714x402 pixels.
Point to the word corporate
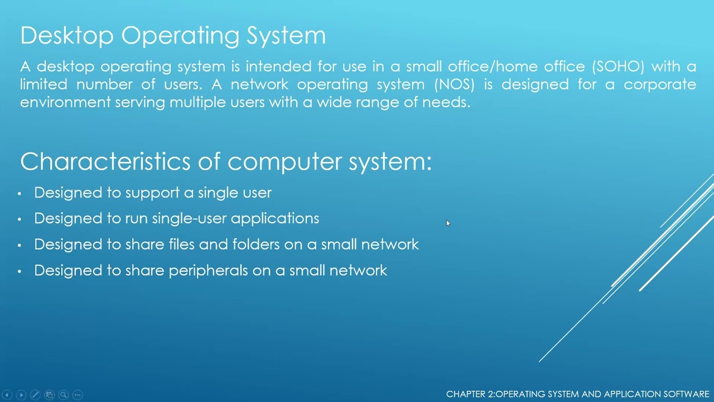[x=659, y=85]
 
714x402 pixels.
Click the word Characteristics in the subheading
[x=105, y=162]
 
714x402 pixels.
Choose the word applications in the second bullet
[x=275, y=219]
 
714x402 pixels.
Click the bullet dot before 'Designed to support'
[x=20, y=194]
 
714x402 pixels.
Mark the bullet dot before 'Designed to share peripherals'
[x=20, y=271]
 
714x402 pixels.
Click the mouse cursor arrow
[x=448, y=223]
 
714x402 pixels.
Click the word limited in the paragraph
[x=43, y=85]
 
